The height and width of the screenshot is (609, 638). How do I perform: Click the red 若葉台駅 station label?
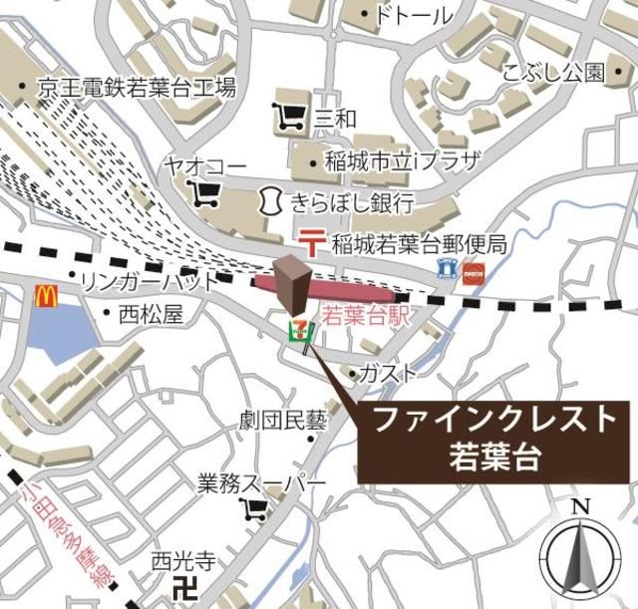tap(368, 317)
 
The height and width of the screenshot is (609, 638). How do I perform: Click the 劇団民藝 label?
tap(284, 420)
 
